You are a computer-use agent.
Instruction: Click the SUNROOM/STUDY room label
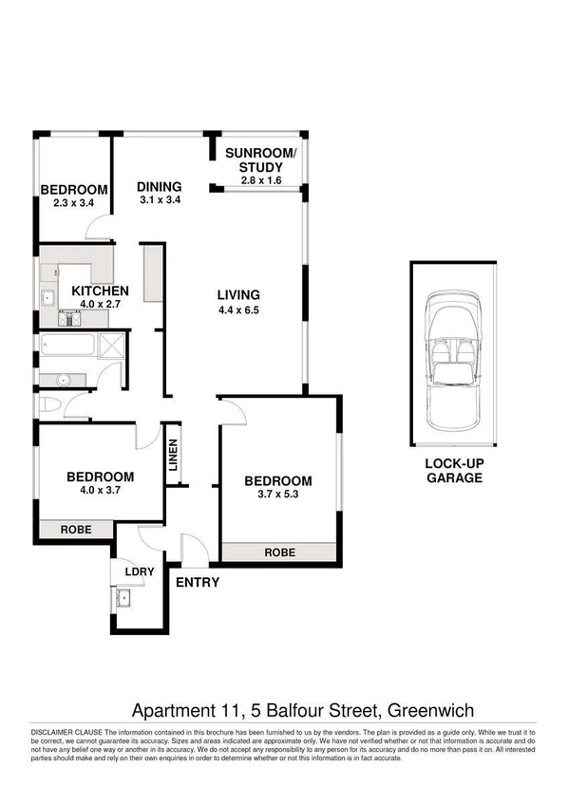click(x=260, y=160)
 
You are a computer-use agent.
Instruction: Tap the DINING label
click(x=159, y=186)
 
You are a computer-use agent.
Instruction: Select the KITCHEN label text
click(x=101, y=291)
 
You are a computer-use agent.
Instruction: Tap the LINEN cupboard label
click(x=174, y=459)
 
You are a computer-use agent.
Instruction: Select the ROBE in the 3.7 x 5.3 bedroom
click(x=279, y=552)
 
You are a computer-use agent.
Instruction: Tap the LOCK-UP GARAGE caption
click(x=453, y=471)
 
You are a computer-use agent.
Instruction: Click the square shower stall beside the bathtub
click(x=112, y=346)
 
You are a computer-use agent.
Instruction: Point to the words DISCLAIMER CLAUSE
click(x=66, y=733)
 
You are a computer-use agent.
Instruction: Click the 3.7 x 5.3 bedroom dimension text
click(x=278, y=494)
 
